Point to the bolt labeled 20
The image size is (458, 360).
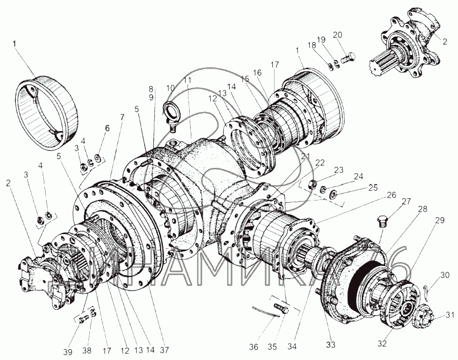[349, 56]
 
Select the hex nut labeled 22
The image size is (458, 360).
[313, 184]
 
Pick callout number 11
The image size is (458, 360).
[188, 80]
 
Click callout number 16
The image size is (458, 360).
[257, 72]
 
